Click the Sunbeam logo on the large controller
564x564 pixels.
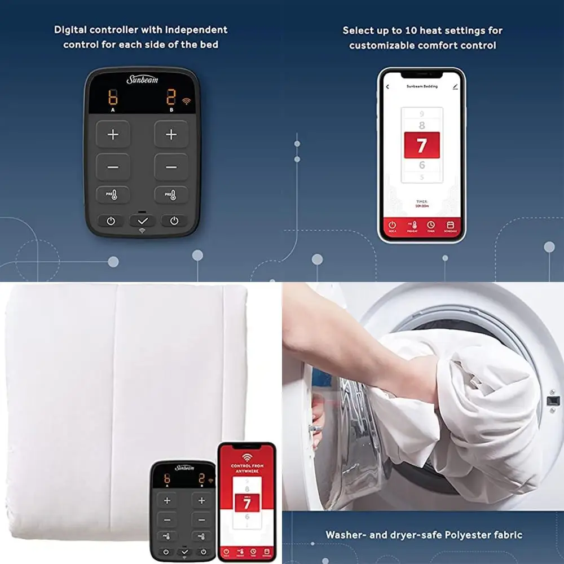point(142,80)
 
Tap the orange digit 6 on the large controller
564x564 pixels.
point(113,98)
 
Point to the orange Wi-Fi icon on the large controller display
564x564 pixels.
point(186,102)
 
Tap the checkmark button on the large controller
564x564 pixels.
point(142,221)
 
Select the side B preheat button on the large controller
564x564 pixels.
point(171,195)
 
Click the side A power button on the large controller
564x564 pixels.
point(111,221)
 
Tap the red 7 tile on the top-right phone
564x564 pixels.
point(421,146)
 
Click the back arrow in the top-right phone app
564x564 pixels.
point(387,87)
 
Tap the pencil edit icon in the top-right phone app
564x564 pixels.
point(455,87)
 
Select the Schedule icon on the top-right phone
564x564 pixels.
point(451,226)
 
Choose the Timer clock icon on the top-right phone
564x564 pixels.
point(431,226)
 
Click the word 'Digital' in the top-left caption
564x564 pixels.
point(73,30)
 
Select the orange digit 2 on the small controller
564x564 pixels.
point(201,479)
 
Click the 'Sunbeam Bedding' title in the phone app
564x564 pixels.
point(422,87)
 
